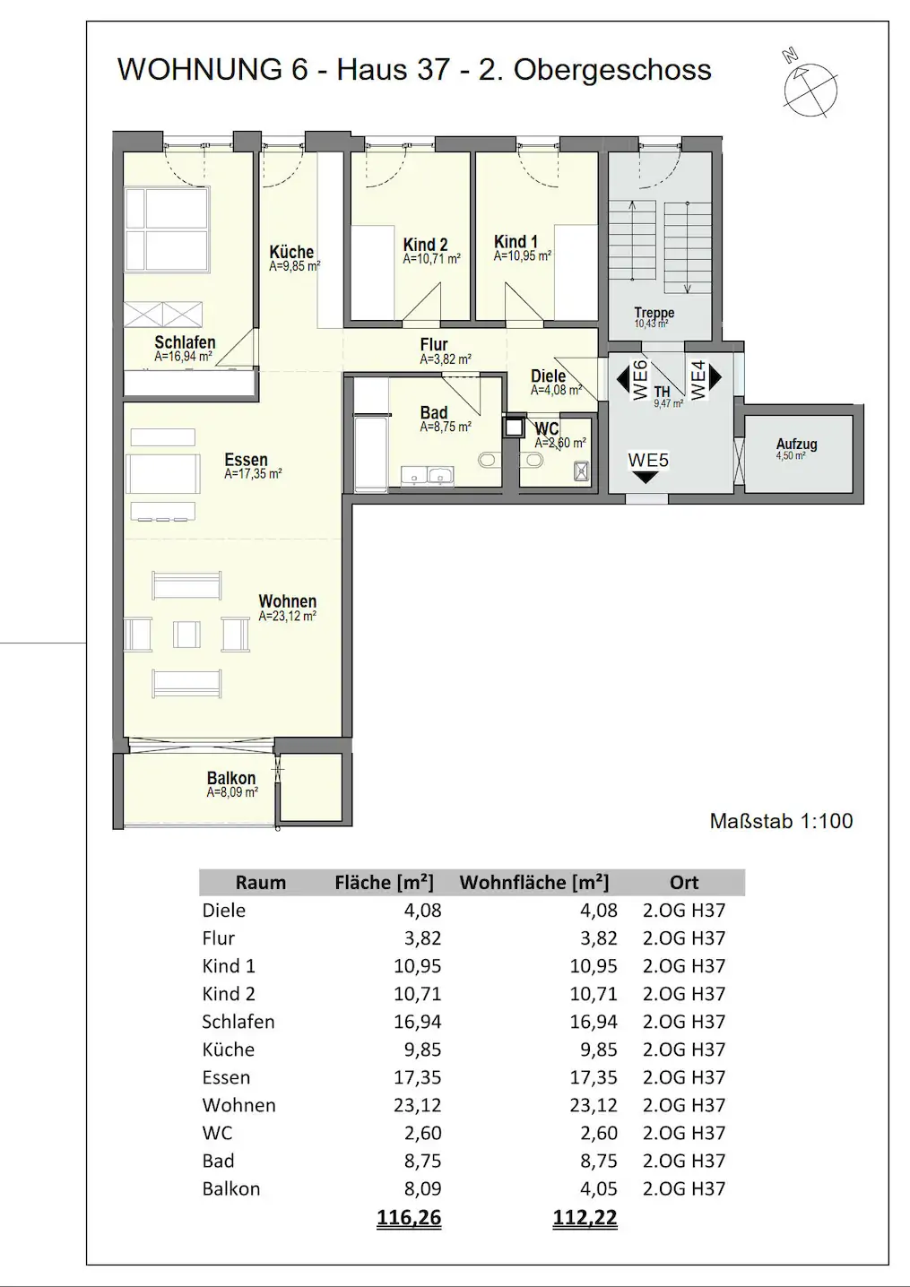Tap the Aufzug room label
tap(796, 444)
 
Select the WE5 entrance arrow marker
tap(646, 476)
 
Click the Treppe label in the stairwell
tap(654, 313)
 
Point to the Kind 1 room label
tap(516, 242)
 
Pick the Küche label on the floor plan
tap(291, 252)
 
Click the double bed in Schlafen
tap(167, 229)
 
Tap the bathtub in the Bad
tap(370, 454)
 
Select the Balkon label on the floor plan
tap(231, 778)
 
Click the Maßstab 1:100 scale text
tap(781, 821)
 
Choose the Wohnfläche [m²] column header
tap(534, 882)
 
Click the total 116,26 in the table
tap(409, 1217)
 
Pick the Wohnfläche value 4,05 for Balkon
tap(598, 1188)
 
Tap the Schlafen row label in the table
tap(238, 1022)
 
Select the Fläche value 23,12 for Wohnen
tap(418, 1105)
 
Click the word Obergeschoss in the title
tap(612, 70)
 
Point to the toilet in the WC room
tap(531, 460)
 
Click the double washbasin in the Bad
tap(427, 476)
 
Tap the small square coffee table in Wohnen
tap(186, 635)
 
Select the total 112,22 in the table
tap(585, 1217)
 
